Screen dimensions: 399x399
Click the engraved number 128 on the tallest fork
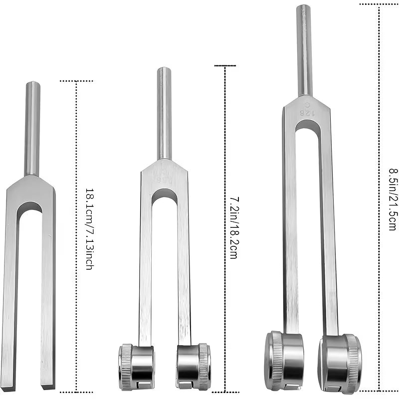(305, 113)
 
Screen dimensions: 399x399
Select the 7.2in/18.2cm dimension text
(233, 227)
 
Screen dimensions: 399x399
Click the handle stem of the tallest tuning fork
(304, 50)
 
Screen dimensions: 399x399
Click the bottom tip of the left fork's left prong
(8, 387)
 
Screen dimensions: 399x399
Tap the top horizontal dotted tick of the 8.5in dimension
(379, 4)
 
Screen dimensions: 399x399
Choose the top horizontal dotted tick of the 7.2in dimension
(224, 65)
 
